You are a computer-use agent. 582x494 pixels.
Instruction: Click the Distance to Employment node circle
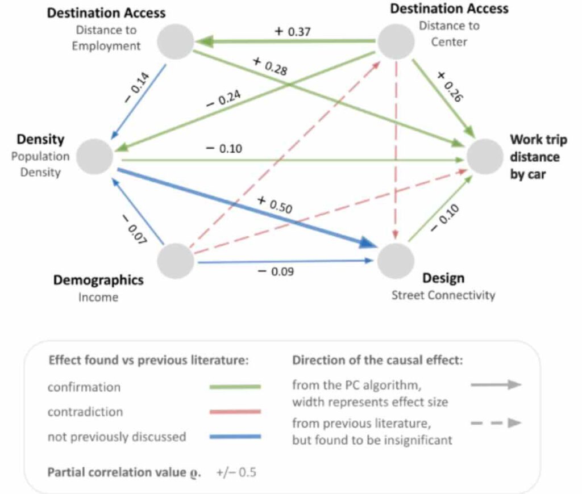pyautogui.click(x=176, y=41)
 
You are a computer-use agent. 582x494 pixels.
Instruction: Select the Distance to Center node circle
pyautogui.click(x=396, y=41)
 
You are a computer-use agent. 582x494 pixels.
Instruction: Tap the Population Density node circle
pyautogui.click(x=95, y=157)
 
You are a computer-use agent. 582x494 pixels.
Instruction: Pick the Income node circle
pyautogui.click(x=176, y=261)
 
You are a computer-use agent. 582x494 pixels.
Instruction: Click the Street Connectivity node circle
pyautogui.click(x=396, y=261)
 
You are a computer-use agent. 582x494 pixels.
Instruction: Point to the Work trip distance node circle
pyautogui.click(x=485, y=157)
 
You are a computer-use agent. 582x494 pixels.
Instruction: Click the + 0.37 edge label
pyautogui.click(x=293, y=32)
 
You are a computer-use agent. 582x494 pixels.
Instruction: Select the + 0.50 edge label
pyautogui.click(x=275, y=205)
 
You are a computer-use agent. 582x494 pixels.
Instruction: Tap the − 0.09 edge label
pyautogui.click(x=276, y=271)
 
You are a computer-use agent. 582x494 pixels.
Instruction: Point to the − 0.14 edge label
pyautogui.click(x=136, y=87)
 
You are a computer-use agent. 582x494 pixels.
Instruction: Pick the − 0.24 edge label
pyautogui.click(x=223, y=99)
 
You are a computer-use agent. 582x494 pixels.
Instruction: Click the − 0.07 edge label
pyautogui.click(x=134, y=229)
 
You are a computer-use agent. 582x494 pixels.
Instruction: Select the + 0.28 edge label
pyautogui.click(x=270, y=66)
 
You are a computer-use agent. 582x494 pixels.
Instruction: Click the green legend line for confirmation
pyautogui.click(x=235, y=387)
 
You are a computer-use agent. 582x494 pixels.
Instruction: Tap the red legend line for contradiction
pyautogui.click(x=235, y=412)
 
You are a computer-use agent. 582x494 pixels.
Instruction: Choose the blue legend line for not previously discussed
pyautogui.click(x=235, y=437)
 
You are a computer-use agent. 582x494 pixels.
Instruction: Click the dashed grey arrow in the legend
pyautogui.click(x=496, y=423)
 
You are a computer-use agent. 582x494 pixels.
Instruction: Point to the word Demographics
pyautogui.click(x=98, y=280)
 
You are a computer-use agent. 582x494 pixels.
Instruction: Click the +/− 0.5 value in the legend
pyautogui.click(x=236, y=472)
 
